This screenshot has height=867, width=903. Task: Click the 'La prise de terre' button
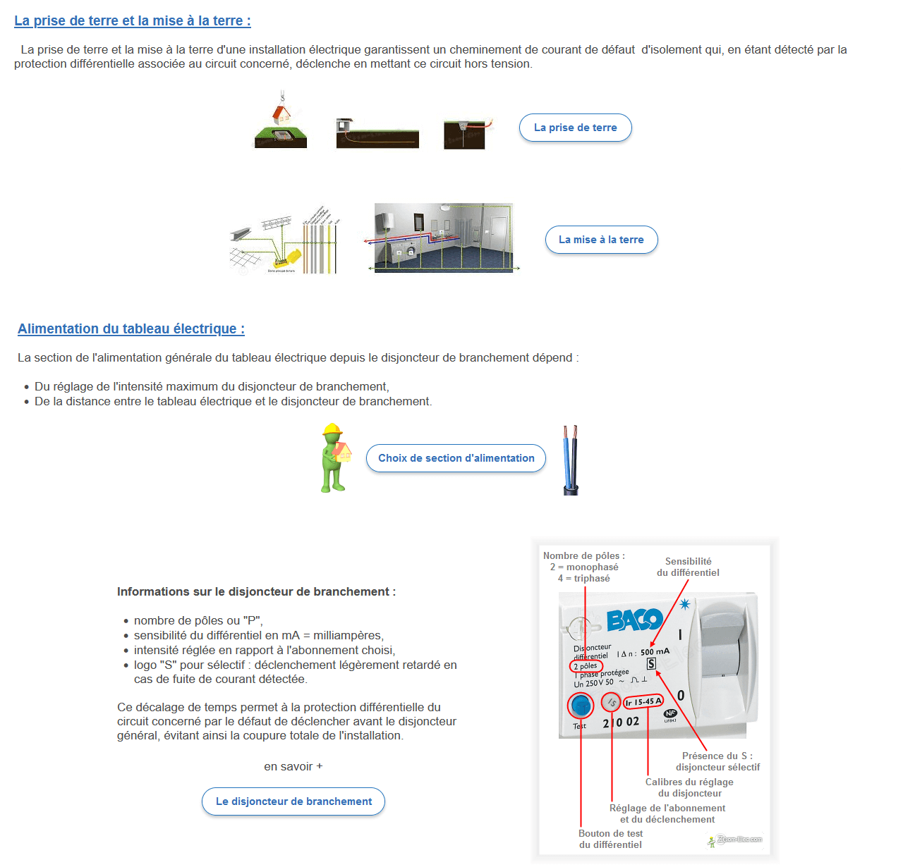(x=575, y=128)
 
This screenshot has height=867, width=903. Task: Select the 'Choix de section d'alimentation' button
(x=456, y=458)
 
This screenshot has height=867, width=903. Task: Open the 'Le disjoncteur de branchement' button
(x=293, y=801)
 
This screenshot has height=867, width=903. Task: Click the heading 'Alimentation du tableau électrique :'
(x=131, y=329)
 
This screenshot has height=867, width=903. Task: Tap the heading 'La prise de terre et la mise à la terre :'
(x=133, y=21)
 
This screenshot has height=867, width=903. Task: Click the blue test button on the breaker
(x=581, y=705)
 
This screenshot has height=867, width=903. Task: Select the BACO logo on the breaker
(x=634, y=620)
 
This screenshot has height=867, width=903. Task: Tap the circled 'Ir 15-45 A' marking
(x=643, y=702)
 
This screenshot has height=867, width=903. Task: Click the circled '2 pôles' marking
(x=586, y=666)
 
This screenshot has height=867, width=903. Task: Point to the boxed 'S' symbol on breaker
(x=651, y=664)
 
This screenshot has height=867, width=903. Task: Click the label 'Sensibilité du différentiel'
(x=688, y=567)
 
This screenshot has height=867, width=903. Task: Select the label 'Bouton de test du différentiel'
(x=610, y=839)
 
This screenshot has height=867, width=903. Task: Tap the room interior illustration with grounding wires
(x=444, y=238)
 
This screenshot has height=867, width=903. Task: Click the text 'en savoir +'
(x=293, y=767)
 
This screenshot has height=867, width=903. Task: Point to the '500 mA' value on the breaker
(x=655, y=652)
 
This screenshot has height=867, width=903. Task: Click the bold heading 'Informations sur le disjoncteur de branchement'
(x=256, y=592)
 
